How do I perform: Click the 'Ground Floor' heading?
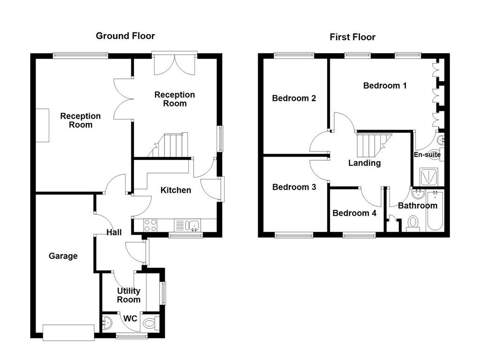pyautogui.click(x=125, y=36)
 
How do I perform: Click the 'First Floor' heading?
pyautogui.click(x=352, y=37)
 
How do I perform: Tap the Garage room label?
pyautogui.click(x=63, y=256)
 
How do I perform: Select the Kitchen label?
pyautogui.click(x=176, y=190)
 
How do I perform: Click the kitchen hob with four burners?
pyautogui.click(x=150, y=225)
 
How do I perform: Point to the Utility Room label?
pyautogui.click(x=128, y=295)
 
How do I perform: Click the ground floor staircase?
pyautogui.click(x=170, y=145)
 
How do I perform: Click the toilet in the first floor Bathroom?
pyautogui.click(x=413, y=223)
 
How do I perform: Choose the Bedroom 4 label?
pyautogui.click(x=354, y=213)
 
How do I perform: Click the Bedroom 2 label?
pyautogui.click(x=294, y=98)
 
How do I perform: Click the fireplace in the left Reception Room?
pyautogui.click(x=43, y=125)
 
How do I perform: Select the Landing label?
pyautogui.click(x=364, y=163)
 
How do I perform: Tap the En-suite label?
pyautogui.click(x=427, y=155)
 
